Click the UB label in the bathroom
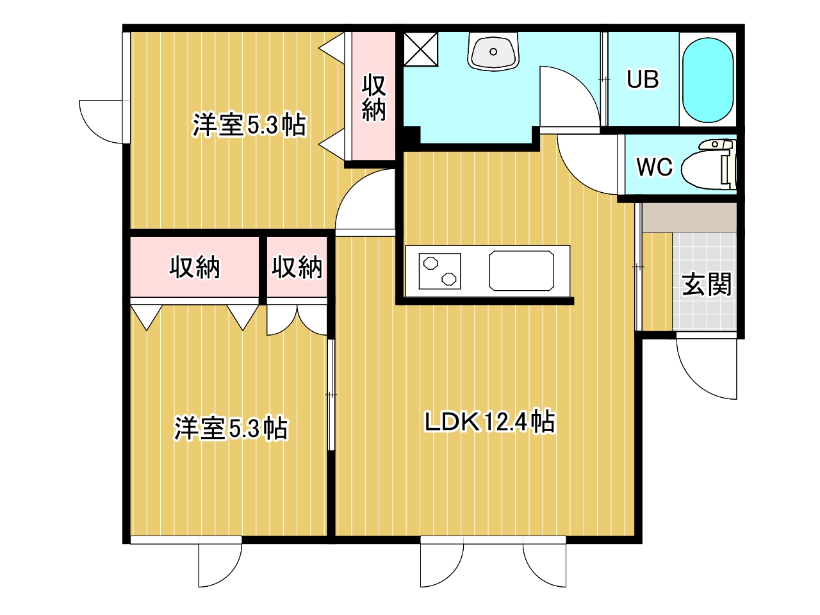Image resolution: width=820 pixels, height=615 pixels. [x=642, y=79]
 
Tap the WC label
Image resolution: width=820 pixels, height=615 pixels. [x=654, y=167]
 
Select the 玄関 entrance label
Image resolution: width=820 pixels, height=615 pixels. [x=707, y=284]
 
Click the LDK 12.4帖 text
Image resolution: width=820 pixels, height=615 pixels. [x=490, y=422]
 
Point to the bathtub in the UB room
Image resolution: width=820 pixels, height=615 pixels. [x=707, y=80]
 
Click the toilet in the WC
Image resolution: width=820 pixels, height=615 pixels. [x=709, y=164]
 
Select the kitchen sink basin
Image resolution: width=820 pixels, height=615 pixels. [x=521, y=271]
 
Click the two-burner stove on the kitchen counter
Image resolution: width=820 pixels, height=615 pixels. [x=439, y=271]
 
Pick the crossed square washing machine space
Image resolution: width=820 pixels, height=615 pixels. [x=421, y=49]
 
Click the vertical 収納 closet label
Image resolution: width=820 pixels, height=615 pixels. [x=373, y=97]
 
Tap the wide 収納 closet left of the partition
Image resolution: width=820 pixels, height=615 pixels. [x=195, y=267]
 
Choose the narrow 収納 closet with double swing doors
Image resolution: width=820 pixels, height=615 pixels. [x=297, y=267]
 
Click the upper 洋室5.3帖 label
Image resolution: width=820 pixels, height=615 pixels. [x=249, y=124]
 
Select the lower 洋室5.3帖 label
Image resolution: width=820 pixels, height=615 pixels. [x=231, y=429]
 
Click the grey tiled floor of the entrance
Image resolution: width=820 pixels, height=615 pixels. [x=704, y=282]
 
